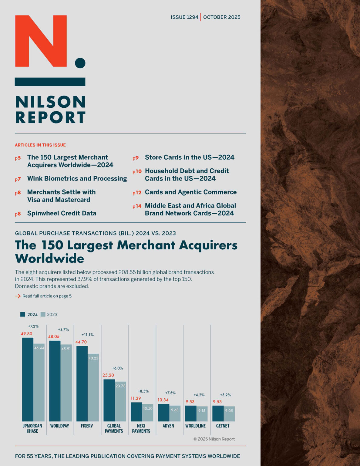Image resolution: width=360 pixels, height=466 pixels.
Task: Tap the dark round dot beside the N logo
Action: coord(80,63)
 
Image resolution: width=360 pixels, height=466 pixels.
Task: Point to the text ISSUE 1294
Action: coord(184,17)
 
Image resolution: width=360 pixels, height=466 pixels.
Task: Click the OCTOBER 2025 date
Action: coord(222,17)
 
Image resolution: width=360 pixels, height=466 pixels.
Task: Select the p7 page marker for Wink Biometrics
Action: coord(18,179)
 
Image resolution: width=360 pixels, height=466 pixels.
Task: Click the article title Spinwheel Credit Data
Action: coord(62,213)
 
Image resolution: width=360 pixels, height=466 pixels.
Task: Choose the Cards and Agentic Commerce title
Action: coord(190,192)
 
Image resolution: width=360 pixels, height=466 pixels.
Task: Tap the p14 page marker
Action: coord(137,206)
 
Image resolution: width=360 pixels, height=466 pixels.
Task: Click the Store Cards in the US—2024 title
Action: coord(190,157)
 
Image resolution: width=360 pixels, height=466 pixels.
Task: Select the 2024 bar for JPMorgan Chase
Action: coord(28,379)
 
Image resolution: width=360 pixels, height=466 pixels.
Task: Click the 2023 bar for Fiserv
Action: coord(93,387)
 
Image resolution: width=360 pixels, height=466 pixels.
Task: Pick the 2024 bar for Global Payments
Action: coord(109,400)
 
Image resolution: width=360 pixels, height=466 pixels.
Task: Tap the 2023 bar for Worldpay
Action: coord(66,383)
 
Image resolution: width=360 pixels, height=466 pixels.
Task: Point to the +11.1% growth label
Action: coord(88,335)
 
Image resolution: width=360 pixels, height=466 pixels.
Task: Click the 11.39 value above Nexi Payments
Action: coord(136,398)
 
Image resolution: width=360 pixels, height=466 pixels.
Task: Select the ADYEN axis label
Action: coord(168,426)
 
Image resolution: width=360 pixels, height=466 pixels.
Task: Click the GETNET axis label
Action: coord(223,426)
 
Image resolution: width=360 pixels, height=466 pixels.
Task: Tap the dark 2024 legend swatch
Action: coord(22,314)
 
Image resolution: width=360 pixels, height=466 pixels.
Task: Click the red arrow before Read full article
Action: coord(18,296)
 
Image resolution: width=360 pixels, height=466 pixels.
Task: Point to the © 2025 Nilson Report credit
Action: coord(214,439)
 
